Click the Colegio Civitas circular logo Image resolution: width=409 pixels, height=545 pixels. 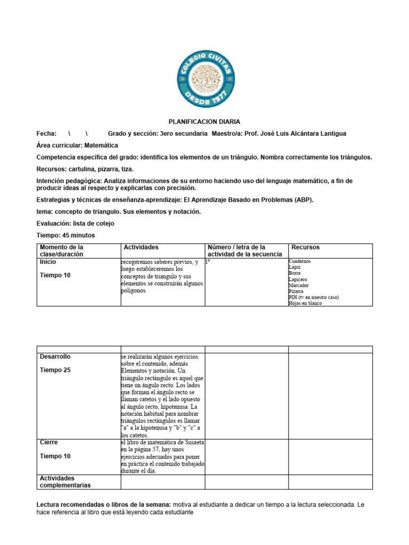click(204, 79)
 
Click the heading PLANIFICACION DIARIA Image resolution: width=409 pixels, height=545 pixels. click(204, 122)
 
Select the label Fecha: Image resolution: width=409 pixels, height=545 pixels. click(46, 134)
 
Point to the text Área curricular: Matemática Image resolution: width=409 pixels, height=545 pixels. click(77, 145)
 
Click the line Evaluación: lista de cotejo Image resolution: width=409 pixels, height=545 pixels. click(75, 224)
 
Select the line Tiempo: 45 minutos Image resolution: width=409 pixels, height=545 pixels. click(66, 235)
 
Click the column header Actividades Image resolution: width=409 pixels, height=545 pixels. click(141, 247)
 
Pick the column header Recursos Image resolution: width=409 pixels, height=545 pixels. click(306, 247)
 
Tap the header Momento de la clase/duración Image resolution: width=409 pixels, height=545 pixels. click(62, 251)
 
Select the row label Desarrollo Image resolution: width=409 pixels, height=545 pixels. click(55, 357)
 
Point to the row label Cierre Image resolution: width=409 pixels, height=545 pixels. click(49, 442)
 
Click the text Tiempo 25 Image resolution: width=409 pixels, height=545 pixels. click(55, 370)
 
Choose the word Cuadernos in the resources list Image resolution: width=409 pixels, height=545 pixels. click(300, 261)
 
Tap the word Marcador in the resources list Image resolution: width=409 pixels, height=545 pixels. click(299, 285)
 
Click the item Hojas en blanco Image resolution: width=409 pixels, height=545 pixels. click(305, 303)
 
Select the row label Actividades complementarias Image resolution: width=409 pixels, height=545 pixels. click(65, 482)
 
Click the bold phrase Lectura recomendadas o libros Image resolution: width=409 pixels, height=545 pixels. click(102, 504)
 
